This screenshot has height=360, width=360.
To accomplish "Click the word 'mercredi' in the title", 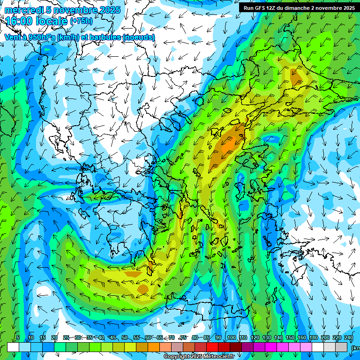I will (22, 10).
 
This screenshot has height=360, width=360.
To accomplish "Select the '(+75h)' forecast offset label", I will (81, 21).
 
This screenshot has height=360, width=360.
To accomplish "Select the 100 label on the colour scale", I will (231, 338).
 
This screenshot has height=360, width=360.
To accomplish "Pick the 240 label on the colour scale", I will (349, 338).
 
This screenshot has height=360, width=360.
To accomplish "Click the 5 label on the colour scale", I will (18, 338).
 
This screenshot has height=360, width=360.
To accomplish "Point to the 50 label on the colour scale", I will (125, 338).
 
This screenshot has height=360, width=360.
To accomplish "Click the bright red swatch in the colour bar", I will (212, 347).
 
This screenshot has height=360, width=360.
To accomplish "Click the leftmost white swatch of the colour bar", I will (13, 347).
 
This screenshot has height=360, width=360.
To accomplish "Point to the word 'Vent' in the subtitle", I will (13, 37).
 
